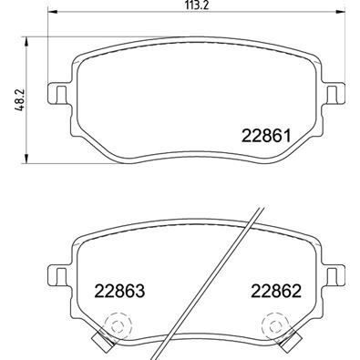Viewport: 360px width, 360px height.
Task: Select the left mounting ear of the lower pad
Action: [x=56, y=273]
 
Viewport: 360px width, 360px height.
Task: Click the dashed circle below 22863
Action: [x=116, y=324]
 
